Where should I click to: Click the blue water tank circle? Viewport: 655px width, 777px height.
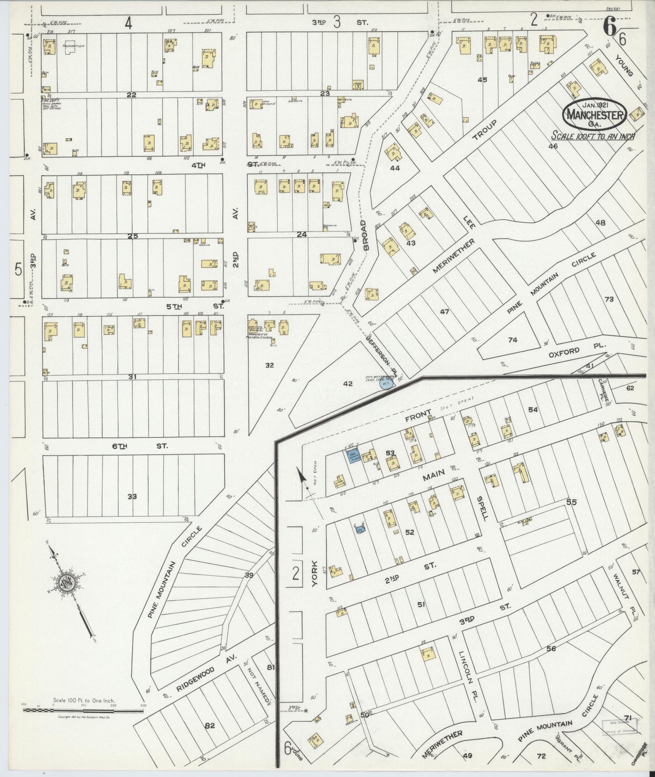click(x=386, y=383)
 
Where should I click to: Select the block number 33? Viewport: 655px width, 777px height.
click(x=132, y=496)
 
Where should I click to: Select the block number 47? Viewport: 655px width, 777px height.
click(x=445, y=312)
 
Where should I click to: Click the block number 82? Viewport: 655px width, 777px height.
click(x=210, y=725)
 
